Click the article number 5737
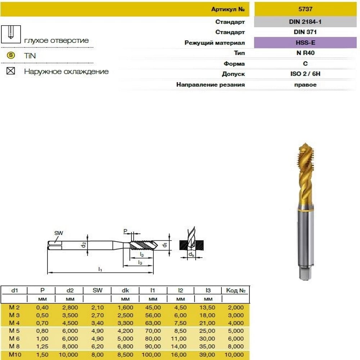click(305, 9)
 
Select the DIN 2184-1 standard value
click(305, 22)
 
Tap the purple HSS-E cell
click(305, 42)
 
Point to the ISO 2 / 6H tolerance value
click(305, 74)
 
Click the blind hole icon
click(11, 34)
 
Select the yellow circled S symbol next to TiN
click(11, 55)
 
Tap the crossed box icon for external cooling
click(11, 71)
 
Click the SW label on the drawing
click(59, 233)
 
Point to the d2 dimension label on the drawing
click(84, 245)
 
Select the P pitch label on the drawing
click(125, 231)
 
